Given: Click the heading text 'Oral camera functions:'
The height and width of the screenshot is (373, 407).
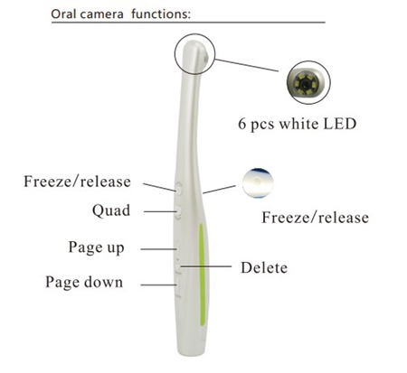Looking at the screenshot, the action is click(x=120, y=14).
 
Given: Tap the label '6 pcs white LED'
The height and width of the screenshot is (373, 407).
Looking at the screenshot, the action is click(x=298, y=124).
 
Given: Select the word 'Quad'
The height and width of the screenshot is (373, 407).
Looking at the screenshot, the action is click(x=111, y=210).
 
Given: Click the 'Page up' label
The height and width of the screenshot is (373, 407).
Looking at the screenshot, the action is click(x=96, y=247).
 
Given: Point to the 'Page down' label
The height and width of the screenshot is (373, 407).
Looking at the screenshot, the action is click(x=84, y=283).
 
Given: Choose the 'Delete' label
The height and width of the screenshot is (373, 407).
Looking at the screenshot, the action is click(x=264, y=267).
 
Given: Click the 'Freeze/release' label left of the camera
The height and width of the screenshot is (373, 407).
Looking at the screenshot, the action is click(x=77, y=182).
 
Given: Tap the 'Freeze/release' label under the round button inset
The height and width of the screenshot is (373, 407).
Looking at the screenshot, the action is click(x=315, y=218).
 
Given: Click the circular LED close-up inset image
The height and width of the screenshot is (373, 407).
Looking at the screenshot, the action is click(x=308, y=82).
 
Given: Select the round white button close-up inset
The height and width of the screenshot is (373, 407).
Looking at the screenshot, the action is click(x=258, y=183).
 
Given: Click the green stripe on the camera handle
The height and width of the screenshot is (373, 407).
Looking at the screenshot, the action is click(x=202, y=275).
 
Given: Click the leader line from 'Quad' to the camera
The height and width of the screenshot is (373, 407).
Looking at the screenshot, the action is click(x=160, y=211).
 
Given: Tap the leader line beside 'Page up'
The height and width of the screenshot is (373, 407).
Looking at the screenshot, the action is click(x=158, y=249).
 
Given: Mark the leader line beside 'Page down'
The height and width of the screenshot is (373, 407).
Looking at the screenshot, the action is click(x=158, y=284).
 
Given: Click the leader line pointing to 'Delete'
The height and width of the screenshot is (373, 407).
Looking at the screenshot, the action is click(x=205, y=266).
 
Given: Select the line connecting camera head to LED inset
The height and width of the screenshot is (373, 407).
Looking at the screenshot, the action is click(x=247, y=65).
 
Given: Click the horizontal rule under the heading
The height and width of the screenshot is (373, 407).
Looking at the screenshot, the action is click(x=188, y=23).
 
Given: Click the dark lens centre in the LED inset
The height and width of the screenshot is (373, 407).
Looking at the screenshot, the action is click(x=307, y=82).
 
